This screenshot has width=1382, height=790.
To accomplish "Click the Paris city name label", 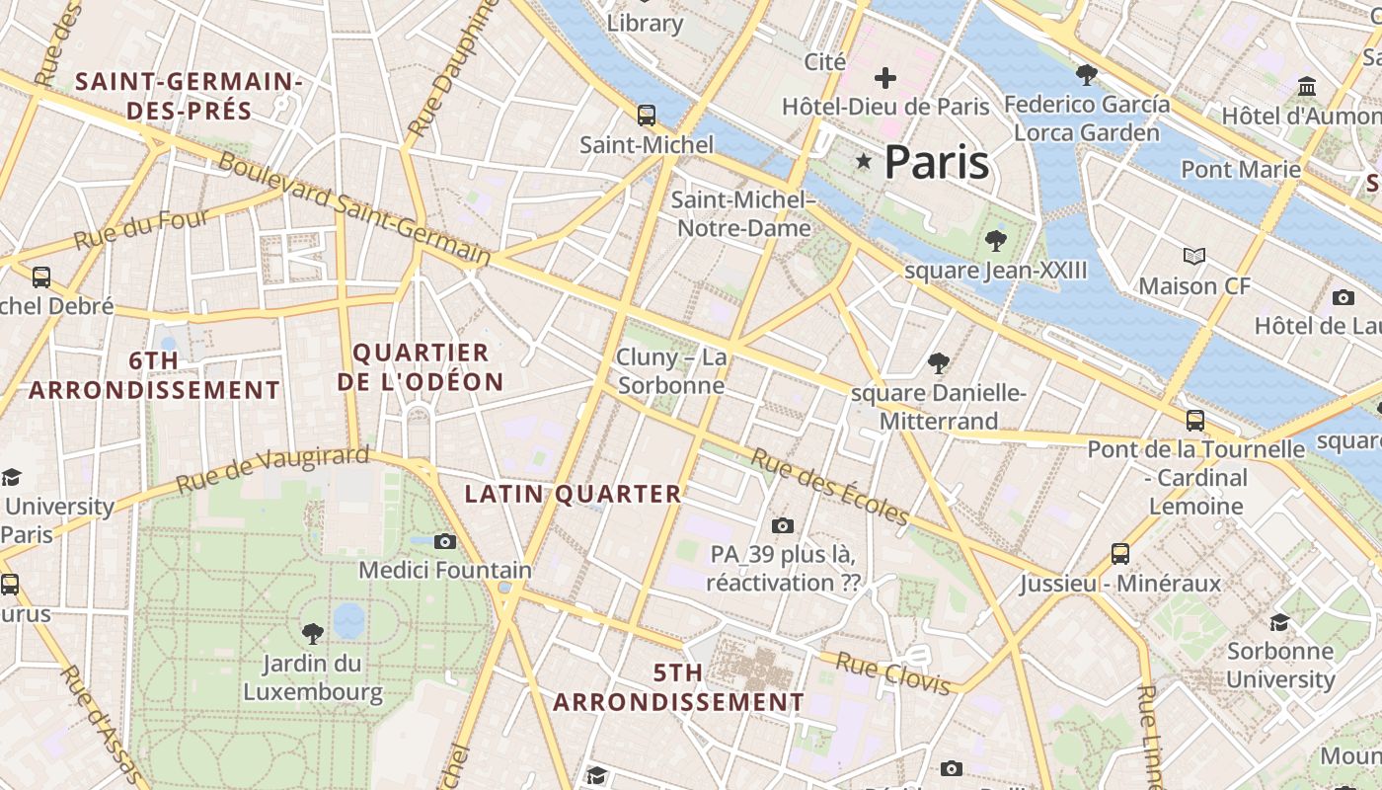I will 936,162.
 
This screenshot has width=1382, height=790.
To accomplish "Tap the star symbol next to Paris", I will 865,161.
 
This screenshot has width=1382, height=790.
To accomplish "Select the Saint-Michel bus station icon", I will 647,116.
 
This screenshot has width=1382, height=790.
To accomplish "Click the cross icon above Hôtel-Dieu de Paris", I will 885,77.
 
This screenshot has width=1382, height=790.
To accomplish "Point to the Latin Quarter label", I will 573,494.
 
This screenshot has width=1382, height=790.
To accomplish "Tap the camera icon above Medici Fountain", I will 445,541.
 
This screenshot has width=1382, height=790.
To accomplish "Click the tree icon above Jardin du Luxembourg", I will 313,633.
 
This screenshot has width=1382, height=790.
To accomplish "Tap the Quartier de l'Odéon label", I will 420,367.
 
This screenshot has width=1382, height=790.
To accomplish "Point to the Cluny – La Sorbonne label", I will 671,370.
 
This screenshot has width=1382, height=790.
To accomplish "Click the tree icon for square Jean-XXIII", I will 995,240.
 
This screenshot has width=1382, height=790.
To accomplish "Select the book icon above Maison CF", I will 1194,257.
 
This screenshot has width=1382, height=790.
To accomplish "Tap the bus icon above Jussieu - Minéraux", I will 1120,553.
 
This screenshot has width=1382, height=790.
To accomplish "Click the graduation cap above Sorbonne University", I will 1279,621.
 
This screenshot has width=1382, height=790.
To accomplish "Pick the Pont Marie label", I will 1241,169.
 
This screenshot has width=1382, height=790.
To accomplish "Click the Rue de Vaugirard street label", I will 272,470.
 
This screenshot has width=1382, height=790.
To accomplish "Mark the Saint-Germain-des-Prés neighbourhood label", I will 189,96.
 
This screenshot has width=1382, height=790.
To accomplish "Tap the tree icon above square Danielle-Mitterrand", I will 939,363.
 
